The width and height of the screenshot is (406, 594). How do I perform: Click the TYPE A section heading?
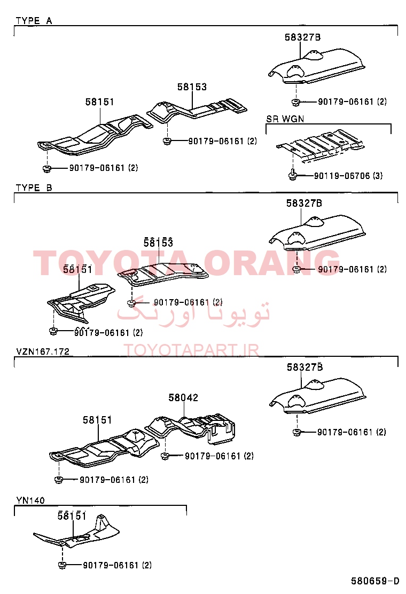pyautogui.click(x=34, y=20)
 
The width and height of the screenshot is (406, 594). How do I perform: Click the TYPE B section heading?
pyautogui.click(x=34, y=187)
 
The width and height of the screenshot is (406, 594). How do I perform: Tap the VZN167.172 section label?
pyautogui.click(x=43, y=351)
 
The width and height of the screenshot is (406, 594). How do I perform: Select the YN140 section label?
pyautogui.click(x=30, y=500)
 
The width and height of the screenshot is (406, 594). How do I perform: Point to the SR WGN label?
pyautogui.click(x=285, y=119)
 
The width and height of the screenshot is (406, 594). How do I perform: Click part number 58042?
pyautogui.click(x=183, y=397)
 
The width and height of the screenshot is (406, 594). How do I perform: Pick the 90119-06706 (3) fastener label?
pyautogui.click(x=348, y=175)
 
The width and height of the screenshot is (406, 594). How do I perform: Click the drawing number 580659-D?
pyautogui.click(x=374, y=581)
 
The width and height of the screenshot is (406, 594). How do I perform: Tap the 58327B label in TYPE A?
pyautogui.click(x=302, y=37)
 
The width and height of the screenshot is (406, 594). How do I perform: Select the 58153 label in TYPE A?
pyautogui.click(x=192, y=87)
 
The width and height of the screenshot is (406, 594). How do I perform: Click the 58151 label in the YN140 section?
pyautogui.click(x=72, y=515)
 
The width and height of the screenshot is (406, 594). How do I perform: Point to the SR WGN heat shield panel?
pyautogui.click(x=321, y=146)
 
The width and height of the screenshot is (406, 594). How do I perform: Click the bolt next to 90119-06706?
pyautogui.click(x=292, y=175)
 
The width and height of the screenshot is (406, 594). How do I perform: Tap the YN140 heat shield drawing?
pyautogui.click(x=77, y=532)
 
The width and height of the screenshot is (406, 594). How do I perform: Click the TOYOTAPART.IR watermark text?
pyautogui.click(x=191, y=350)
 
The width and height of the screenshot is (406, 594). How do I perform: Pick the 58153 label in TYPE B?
pyautogui.click(x=158, y=243)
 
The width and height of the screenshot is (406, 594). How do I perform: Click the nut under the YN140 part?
pyautogui.click(x=62, y=565)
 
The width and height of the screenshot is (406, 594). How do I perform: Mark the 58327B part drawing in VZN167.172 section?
pyautogui.click(x=317, y=396)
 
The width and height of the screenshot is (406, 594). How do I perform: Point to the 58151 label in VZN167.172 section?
pyautogui.click(x=97, y=420)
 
